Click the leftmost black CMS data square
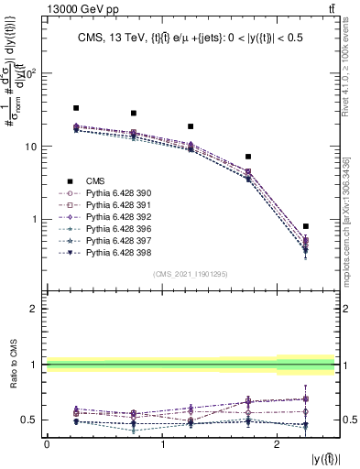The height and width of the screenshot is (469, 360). pyautogui.click(x=76, y=108)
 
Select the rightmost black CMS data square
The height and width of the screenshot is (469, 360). pyautogui.click(x=306, y=226)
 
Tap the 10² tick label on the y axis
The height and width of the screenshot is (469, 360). pyautogui.click(x=30, y=73)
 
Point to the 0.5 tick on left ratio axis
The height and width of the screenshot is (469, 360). pyautogui.click(x=30, y=420)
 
